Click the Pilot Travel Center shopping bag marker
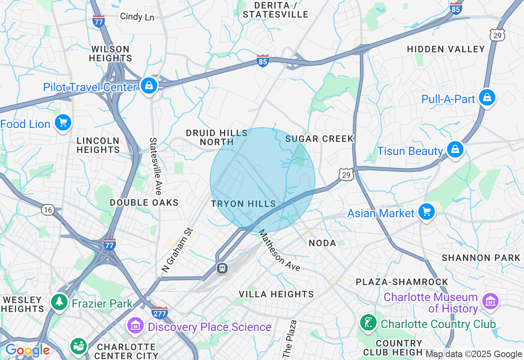click(x=149, y=85)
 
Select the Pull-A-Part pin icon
click(x=487, y=98)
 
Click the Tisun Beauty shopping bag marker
click(x=455, y=150)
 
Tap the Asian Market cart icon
click(x=427, y=212)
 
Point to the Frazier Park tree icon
click(x=60, y=302)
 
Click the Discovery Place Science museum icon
click(x=135, y=326)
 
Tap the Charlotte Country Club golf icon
click(x=368, y=323)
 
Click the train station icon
click(x=222, y=268)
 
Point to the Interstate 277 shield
click(x=159, y=313)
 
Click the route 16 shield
click(x=47, y=210)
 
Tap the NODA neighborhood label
click(x=322, y=243)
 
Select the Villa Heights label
click(x=276, y=294)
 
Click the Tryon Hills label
click(x=243, y=204)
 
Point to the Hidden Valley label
click(x=446, y=49)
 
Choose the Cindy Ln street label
click(x=137, y=17)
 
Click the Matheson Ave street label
click(x=280, y=252)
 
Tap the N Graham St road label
click(x=177, y=250)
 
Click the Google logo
click(x=27, y=351)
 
